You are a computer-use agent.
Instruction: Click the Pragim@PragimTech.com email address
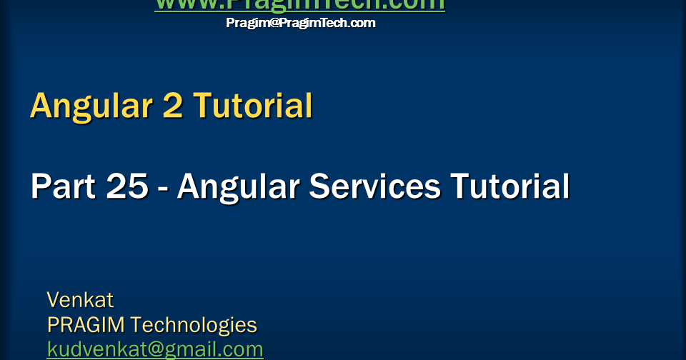[300, 23]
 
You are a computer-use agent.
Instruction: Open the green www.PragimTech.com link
[300, 5]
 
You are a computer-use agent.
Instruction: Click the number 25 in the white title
[127, 187]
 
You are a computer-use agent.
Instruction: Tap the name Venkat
[80, 299]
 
